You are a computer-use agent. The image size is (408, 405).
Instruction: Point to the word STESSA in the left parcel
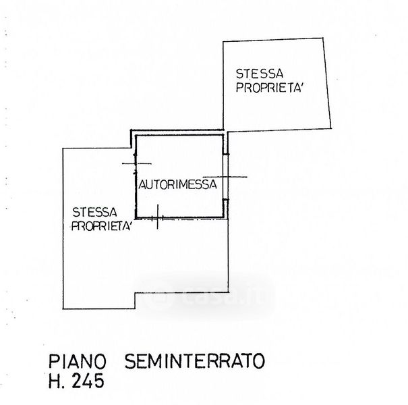[94, 211]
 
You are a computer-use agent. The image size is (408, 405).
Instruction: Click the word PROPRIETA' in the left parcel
[102, 226]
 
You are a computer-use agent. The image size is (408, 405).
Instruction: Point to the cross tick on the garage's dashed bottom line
[156, 219]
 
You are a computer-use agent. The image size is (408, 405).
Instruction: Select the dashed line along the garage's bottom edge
[189, 219]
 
